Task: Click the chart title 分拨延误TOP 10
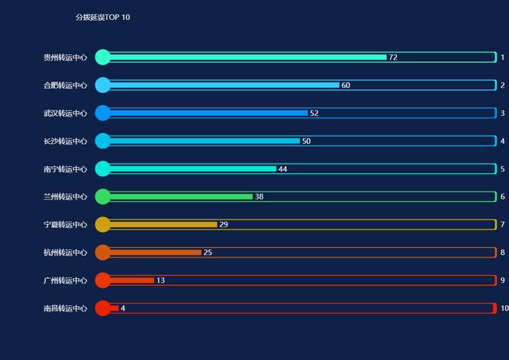(x=103, y=17)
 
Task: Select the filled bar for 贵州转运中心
(x=247, y=57)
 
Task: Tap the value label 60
(x=346, y=85)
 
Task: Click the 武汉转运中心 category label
(x=65, y=113)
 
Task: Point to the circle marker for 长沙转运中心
(x=103, y=141)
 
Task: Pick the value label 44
(x=282, y=169)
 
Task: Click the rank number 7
(x=503, y=225)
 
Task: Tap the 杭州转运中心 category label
(x=65, y=253)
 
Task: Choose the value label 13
(x=161, y=281)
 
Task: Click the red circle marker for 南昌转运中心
(x=103, y=308)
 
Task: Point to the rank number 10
(x=503, y=308)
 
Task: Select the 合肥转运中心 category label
(x=65, y=85)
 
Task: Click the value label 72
(x=393, y=57)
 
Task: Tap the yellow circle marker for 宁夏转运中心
(x=103, y=225)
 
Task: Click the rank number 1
(x=503, y=57)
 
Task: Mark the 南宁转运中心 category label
(x=65, y=169)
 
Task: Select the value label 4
(x=123, y=308)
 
